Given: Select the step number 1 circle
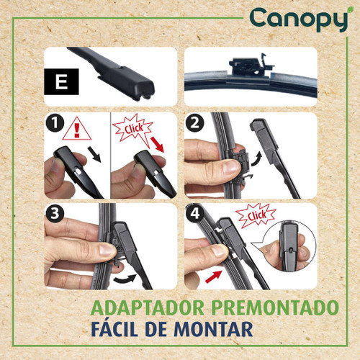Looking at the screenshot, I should pyautogui.click(x=55, y=125).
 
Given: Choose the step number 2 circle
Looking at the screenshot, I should pyautogui.click(x=194, y=125).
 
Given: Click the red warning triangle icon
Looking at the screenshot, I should pyautogui.click(x=74, y=130).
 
